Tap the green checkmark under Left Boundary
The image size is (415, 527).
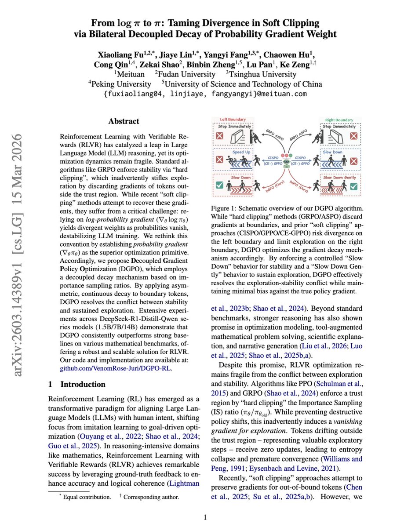click(x=219, y=185)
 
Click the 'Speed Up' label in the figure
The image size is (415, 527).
click(x=241, y=152)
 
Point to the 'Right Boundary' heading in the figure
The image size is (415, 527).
click(x=339, y=120)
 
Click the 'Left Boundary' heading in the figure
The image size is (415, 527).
click(x=233, y=119)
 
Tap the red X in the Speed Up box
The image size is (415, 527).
click(x=219, y=160)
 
